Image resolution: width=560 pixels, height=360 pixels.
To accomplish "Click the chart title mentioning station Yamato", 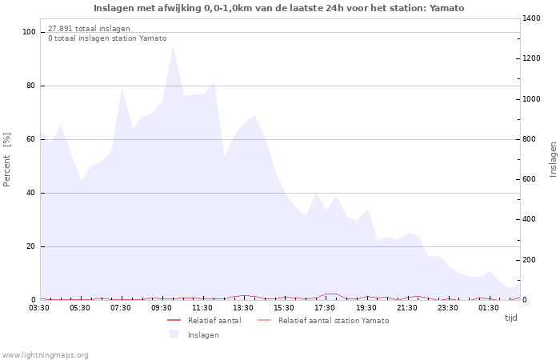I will (x=278, y=8).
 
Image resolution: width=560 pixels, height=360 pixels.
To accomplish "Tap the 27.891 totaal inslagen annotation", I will (x=89, y=28).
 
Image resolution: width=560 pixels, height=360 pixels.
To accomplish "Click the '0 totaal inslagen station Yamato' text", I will (x=107, y=38).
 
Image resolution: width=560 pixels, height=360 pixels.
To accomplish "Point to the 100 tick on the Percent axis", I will (x=29, y=32).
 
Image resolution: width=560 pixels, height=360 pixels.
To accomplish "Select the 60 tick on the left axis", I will (x=31, y=139).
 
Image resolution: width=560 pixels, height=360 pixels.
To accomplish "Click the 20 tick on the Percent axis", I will (x=31, y=246).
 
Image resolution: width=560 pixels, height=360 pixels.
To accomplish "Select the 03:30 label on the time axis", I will (x=40, y=307).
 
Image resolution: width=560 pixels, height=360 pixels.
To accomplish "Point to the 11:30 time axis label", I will (x=203, y=307).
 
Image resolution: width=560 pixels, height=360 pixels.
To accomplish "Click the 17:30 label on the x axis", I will (x=326, y=307).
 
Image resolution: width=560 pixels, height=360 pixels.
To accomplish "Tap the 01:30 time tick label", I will (x=489, y=307).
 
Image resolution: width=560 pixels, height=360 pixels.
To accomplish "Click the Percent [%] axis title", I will (x=7, y=160).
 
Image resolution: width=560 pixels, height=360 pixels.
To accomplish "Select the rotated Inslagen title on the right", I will (x=553, y=159).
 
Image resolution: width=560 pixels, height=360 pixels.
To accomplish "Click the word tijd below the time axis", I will (x=510, y=318).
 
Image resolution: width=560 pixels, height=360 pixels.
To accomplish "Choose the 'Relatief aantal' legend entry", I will (x=214, y=320).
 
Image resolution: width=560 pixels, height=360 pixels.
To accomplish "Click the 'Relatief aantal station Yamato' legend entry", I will (x=333, y=320).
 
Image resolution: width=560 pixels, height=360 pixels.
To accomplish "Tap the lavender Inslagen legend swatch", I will (x=174, y=334).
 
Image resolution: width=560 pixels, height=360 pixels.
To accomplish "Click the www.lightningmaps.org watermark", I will (x=46, y=354).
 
